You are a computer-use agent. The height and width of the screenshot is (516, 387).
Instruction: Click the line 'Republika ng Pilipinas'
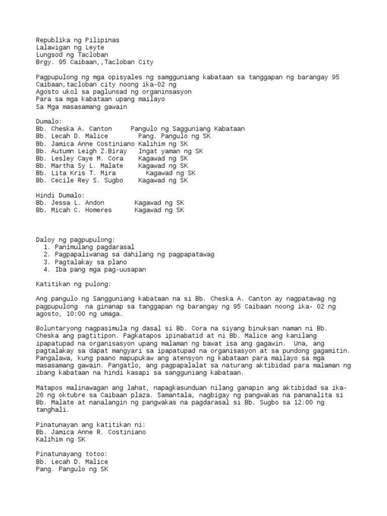point(78,40)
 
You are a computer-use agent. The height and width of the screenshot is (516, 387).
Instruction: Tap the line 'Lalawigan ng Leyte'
point(70,47)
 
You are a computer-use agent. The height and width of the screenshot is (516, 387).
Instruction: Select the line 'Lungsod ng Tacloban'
point(72,55)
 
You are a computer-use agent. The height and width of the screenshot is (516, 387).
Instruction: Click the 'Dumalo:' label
point(49,121)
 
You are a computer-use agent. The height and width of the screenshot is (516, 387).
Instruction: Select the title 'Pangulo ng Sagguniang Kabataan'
point(187,129)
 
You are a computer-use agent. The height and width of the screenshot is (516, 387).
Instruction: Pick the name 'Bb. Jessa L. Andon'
point(70,203)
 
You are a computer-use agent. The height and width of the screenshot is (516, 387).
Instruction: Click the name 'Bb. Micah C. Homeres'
point(74,210)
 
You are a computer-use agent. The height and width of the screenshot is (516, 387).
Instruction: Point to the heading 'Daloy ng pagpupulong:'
point(76,239)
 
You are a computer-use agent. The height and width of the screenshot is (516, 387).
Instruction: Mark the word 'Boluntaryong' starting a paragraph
point(59,328)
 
